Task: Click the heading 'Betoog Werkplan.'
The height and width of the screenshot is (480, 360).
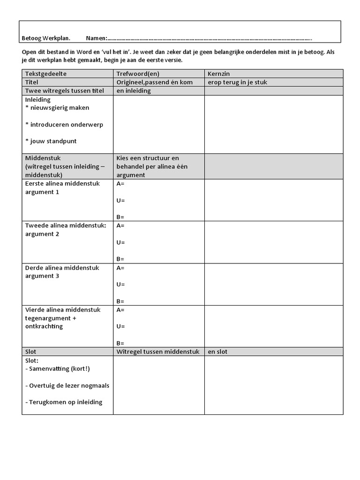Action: tap(46, 38)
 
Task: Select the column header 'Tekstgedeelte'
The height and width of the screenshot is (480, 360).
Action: tap(46, 74)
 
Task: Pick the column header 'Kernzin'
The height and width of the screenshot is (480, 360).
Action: tap(219, 74)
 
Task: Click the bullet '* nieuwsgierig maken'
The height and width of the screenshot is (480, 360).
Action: tap(57, 108)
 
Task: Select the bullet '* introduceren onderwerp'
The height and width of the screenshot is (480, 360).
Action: tap(64, 125)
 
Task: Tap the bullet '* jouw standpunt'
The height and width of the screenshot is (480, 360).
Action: tap(51, 141)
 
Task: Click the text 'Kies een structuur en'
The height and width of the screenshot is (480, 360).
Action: tap(148, 158)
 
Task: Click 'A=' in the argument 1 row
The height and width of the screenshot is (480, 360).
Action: tap(120, 184)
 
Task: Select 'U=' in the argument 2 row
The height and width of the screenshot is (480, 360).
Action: tap(120, 242)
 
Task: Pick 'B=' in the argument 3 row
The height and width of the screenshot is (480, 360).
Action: tap(120, 301)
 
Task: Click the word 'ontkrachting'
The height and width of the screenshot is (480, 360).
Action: tap(44, 326)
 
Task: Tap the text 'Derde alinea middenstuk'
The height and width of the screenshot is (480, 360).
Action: tap(62, 268)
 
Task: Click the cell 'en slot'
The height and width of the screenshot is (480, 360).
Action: tap(217, 352)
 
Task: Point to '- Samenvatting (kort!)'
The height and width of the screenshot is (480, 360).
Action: tap(57, 368)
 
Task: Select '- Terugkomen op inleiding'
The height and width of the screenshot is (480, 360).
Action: tap(64, 402)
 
